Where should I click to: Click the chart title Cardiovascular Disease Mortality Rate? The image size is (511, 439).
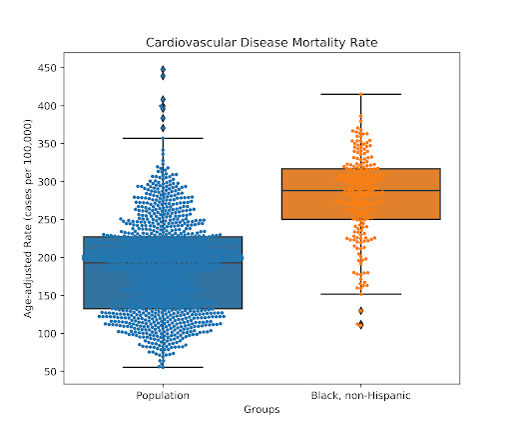pyautogui.click(x=261, y=43)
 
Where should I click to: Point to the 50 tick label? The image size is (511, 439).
pyautogui.click(x=51, y=372)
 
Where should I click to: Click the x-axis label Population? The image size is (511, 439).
pyautogui.click(x=163, y=396)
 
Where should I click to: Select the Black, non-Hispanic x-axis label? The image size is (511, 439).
pyautogui.click(x=360, y=396)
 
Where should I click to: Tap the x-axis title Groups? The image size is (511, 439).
pyautogui.click(x=261, y=409)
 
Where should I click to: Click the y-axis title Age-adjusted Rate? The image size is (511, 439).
pyautogui.click(x=28, y=219)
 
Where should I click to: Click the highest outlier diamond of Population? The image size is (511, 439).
pyautogui.click(x=163, y=69)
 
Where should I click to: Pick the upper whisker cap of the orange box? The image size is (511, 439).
pyautogui.click(x=361, y=94)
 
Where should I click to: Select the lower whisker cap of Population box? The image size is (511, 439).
pyautogui.click(x=163, y=367)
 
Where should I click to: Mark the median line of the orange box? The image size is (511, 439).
pyautogui.click(x=361, y=191)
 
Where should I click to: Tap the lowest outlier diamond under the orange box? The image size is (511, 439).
pyautogui.click(x=361, y=325)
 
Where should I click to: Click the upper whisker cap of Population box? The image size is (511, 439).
pyautogui.click(x=163, y=138)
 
